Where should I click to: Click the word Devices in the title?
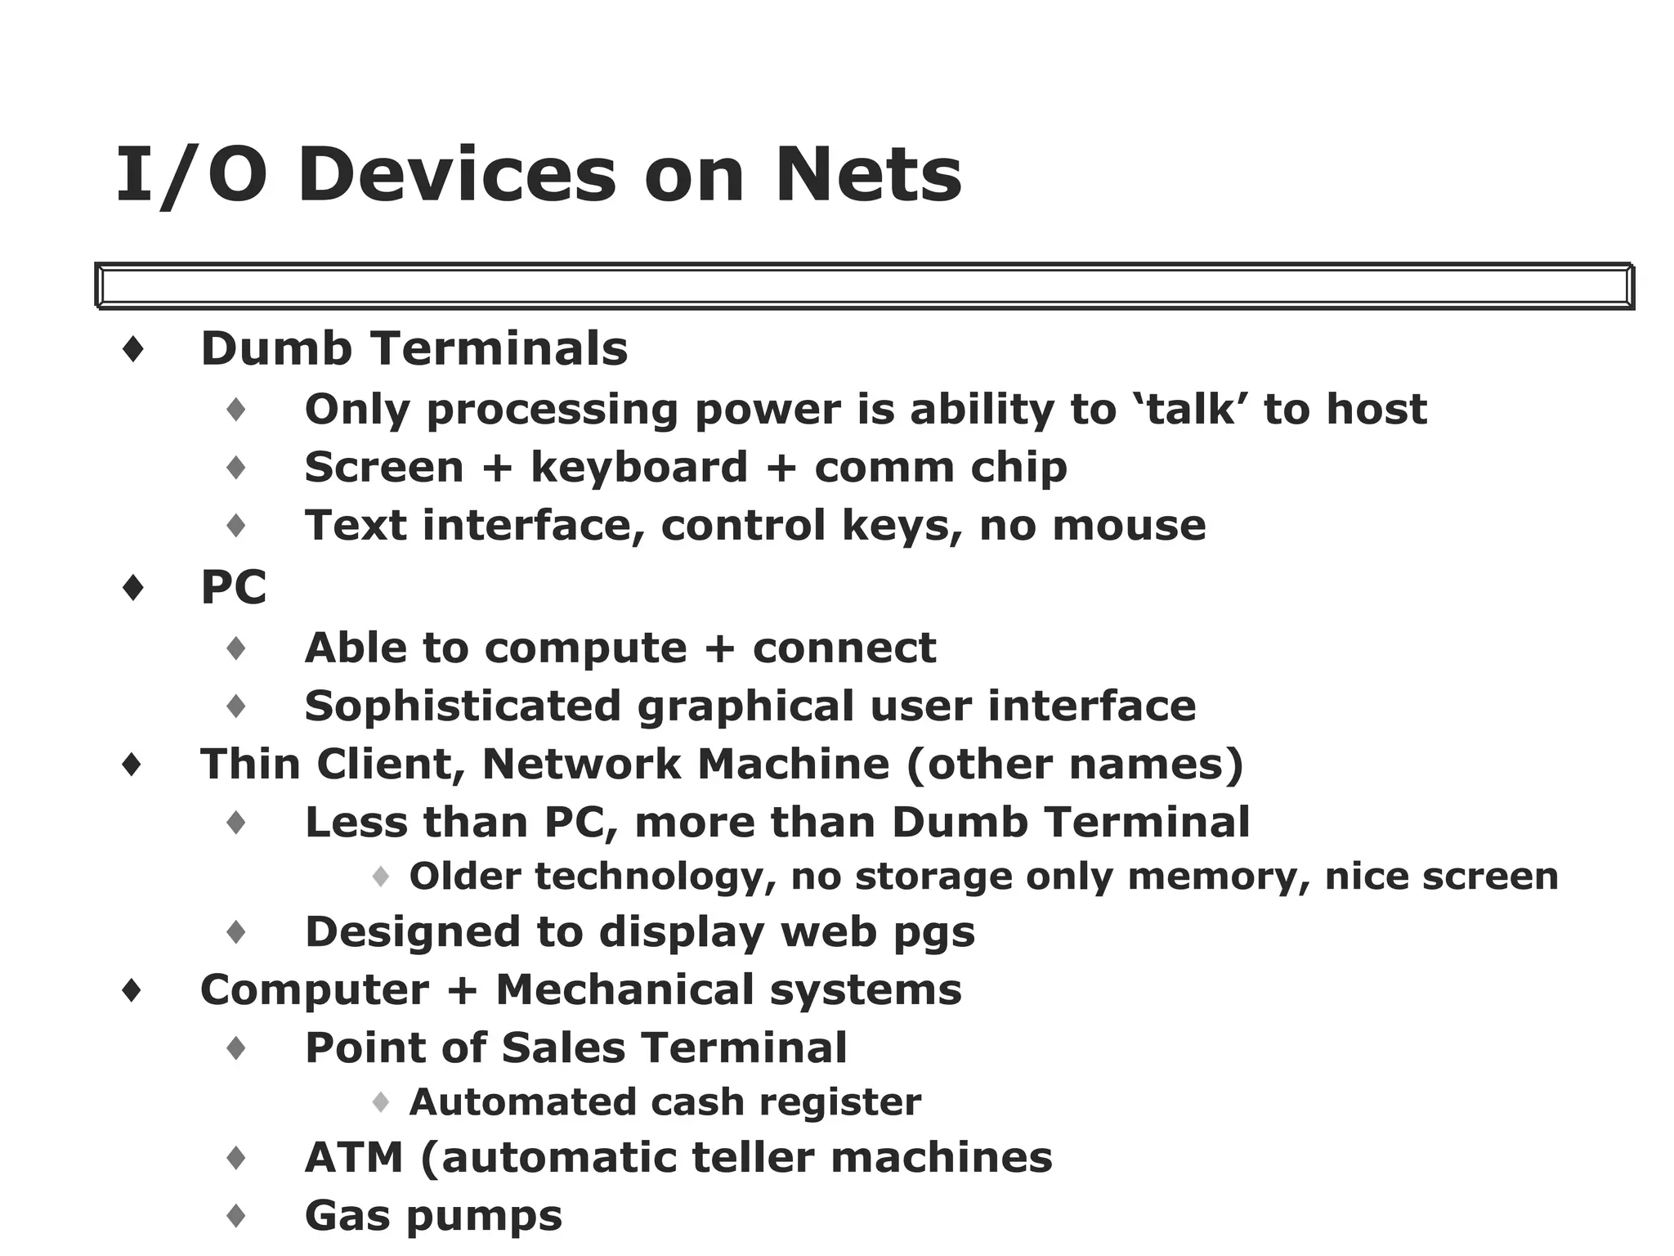pos(457,175)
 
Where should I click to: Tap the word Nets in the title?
pos(868,175)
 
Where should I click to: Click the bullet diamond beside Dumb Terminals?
pos(133,350)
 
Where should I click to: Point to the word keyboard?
pos(639,468)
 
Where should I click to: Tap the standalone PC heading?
pos(234,587)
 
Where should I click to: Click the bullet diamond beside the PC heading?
pos(133,588)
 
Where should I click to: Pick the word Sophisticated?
pos(463,706)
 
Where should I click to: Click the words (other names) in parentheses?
pos(1074,765)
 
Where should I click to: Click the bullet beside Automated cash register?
pos(380,1102)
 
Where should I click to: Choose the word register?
pos(839,1102)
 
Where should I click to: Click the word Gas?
pos(347,1216)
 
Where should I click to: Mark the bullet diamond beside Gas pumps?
pos(236,1216)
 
